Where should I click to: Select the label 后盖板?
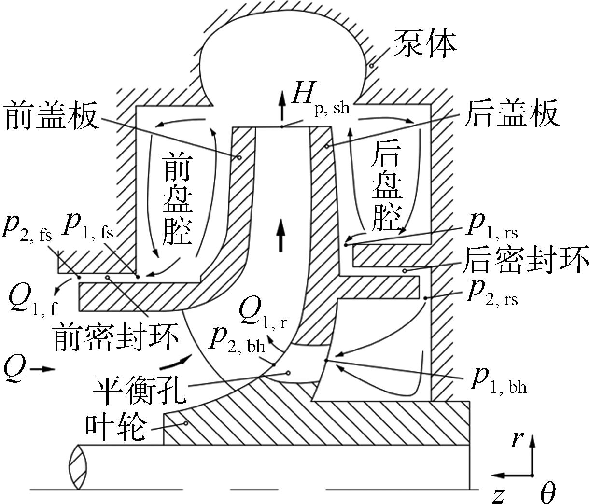pos(511,113)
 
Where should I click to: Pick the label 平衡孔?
pos(140,391)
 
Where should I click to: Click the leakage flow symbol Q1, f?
pos(33,299)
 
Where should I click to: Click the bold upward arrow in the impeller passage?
pos(281,235)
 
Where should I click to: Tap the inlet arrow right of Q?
pos(42,369)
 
